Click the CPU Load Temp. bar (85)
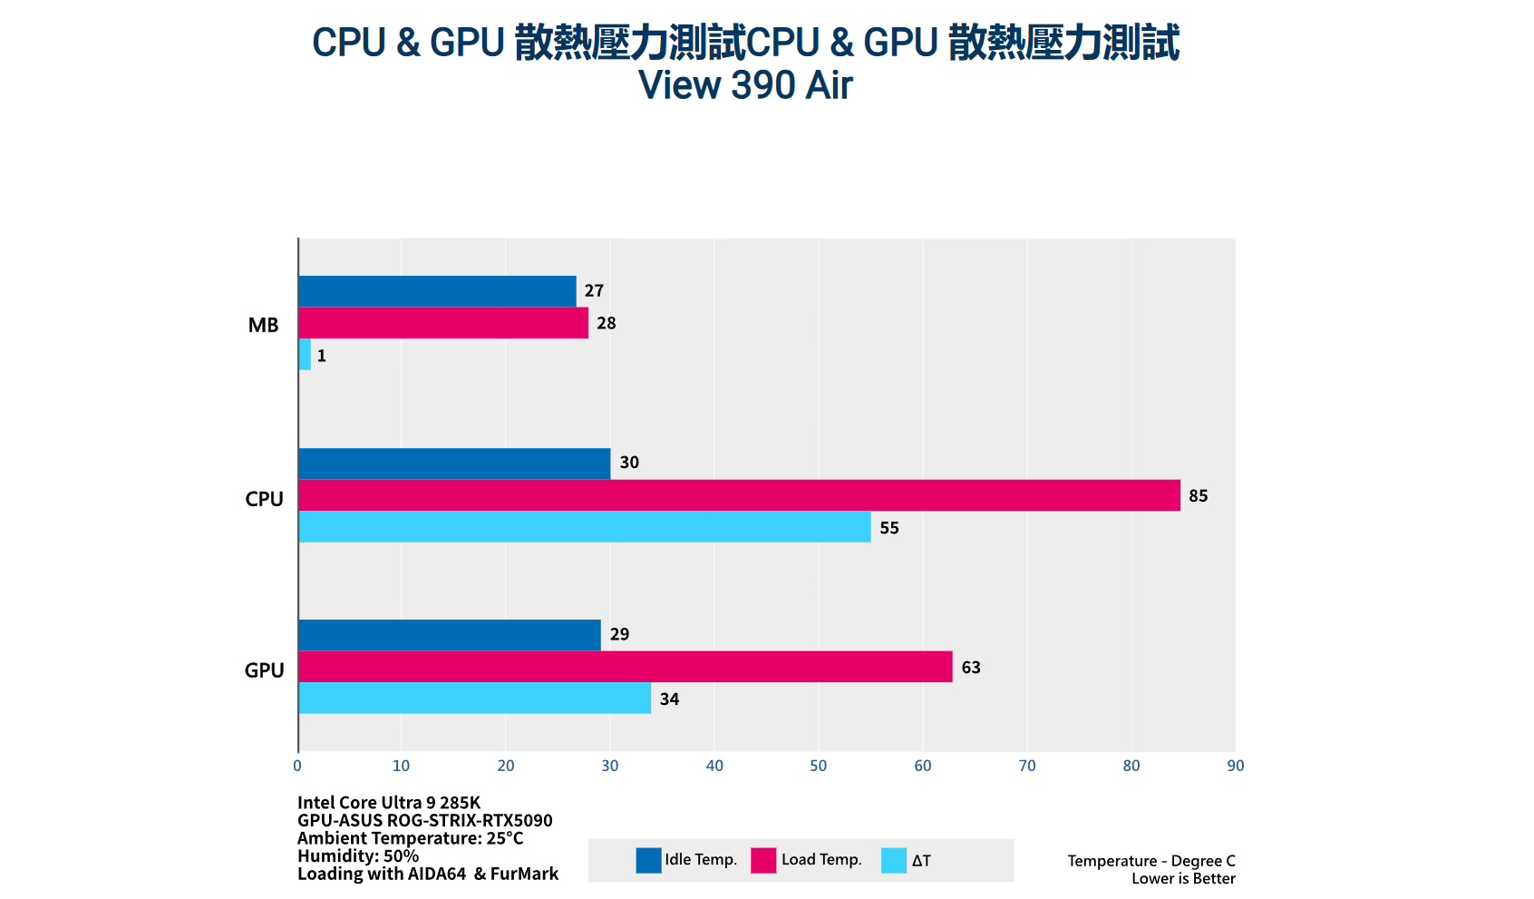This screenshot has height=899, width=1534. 739,495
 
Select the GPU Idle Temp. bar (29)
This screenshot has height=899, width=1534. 450,635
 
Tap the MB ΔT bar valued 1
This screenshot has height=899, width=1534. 305,355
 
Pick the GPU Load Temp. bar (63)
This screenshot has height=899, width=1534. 626,667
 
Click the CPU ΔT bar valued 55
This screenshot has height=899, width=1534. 585,527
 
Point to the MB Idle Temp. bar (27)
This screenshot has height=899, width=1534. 437,291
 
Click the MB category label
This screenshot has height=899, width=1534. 263,325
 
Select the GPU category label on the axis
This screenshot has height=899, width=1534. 264,670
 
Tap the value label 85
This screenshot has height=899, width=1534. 1198,495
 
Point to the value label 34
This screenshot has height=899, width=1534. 669,699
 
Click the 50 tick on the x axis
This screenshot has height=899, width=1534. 819,766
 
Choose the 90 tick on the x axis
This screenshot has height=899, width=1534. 1235,766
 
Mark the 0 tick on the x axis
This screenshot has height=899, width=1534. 297,766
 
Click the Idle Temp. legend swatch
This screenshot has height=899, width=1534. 648,860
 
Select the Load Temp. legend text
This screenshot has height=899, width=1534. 821,860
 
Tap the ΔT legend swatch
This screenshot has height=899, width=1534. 893,860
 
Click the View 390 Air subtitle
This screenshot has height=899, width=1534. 745,85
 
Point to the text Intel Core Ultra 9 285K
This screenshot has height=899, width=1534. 389,802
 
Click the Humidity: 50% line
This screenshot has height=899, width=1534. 358,855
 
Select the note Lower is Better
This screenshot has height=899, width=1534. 1183,878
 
